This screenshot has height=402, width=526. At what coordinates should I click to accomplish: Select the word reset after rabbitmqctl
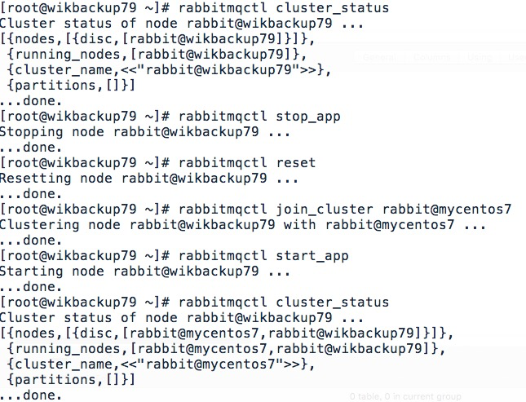coord(295,163)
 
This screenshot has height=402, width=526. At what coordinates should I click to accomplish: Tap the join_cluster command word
coord(325,210)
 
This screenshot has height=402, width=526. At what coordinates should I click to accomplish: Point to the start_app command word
coord(312,256)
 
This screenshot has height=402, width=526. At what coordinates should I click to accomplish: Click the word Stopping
coord(31,132)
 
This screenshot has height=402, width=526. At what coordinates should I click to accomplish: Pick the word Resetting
coord(36,179)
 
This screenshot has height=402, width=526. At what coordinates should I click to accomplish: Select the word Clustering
coord(40,225)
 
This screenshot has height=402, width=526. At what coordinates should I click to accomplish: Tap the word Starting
coord(31,272)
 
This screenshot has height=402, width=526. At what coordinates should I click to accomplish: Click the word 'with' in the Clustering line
coord(299,224)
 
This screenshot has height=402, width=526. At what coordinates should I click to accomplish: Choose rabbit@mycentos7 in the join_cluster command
coord(447,210)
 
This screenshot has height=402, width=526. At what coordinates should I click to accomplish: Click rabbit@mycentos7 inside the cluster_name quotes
coord(210,364)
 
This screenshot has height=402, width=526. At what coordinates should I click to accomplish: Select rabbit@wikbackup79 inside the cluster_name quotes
coord(219,70)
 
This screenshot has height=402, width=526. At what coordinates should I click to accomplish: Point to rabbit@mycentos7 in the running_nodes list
coord(202,349)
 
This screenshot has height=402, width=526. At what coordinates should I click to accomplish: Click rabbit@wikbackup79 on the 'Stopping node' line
coord(186,132)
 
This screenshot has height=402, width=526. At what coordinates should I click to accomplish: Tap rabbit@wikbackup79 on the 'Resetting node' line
coord(194,179)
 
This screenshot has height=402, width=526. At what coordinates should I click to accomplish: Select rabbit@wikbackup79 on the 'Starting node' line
coord(186,272)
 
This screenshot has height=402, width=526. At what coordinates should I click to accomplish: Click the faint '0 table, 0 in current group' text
coord(405,396)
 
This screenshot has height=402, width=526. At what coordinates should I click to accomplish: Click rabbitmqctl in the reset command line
coord(223,163)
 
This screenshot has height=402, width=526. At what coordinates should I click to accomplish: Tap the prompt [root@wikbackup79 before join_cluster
coord(69,210)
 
